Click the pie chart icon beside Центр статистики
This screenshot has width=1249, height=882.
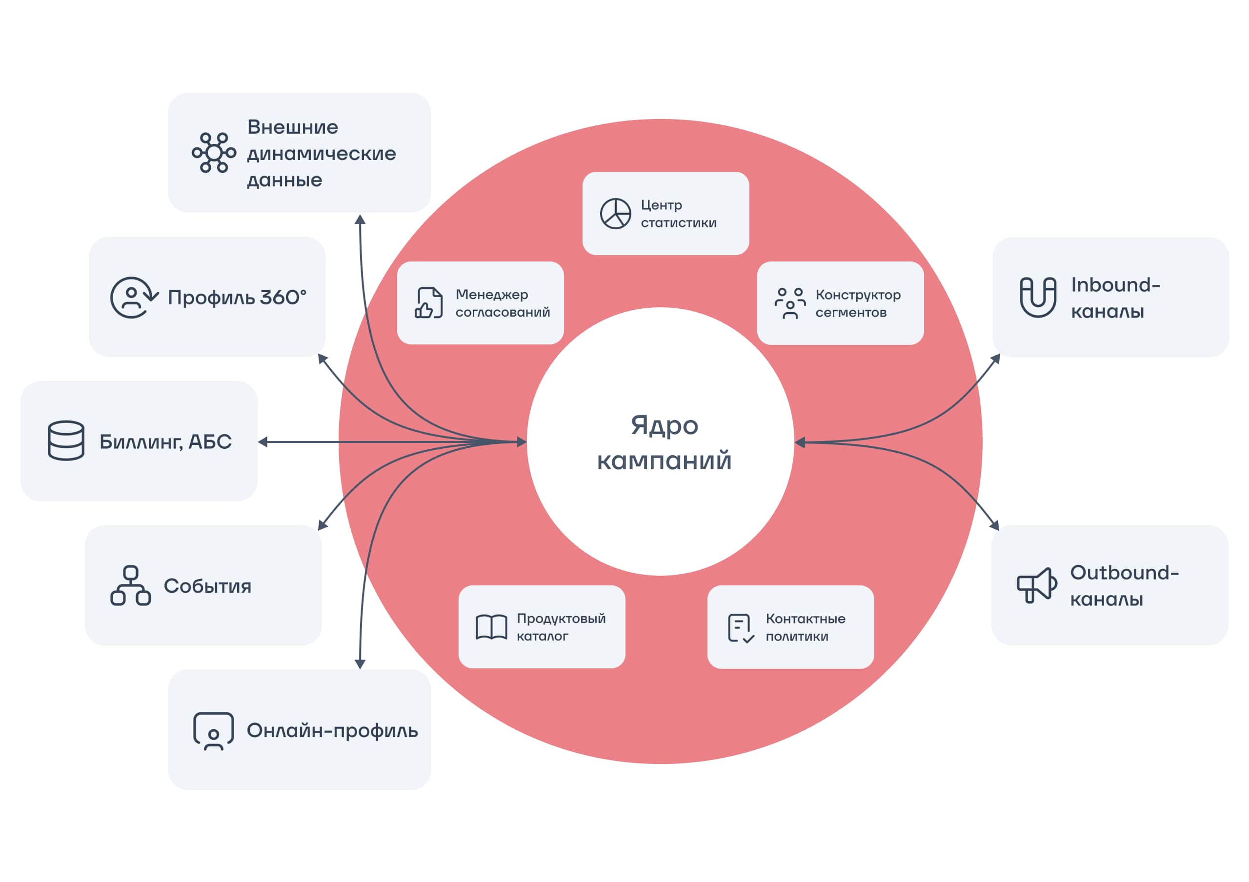coord(615,214)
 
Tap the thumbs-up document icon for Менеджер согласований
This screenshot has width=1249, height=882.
coord(429,303)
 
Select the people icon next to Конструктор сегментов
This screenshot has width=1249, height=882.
coord(790,303)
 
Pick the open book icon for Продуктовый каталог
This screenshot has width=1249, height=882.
coord(491,627)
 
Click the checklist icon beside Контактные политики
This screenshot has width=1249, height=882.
coord(740,628)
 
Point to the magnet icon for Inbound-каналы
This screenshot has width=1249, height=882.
coord(1038,297)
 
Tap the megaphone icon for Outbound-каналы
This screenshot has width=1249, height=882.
coord(1037,585)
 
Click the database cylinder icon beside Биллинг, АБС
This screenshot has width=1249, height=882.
coord(66,441)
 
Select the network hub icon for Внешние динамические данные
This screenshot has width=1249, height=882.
coord(214,153)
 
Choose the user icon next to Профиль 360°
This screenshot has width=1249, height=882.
coord(133,298)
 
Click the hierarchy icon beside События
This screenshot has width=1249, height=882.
coord(131,586)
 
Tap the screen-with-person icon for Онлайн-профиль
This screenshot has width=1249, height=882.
coord(213,731)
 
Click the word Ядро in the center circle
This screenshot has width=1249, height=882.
coord(664,426)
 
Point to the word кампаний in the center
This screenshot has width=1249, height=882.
coord(664,461)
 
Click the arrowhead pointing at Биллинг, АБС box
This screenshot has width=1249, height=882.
coord(263,442)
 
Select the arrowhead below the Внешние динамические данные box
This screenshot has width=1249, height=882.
coord(360,219)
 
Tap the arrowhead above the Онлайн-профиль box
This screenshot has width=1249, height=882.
coord(360,664)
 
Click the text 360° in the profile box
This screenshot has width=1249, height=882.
coord(283,298)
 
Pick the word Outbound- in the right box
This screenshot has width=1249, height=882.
coord(1125,573)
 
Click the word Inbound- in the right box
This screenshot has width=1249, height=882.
coord(1116,285)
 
